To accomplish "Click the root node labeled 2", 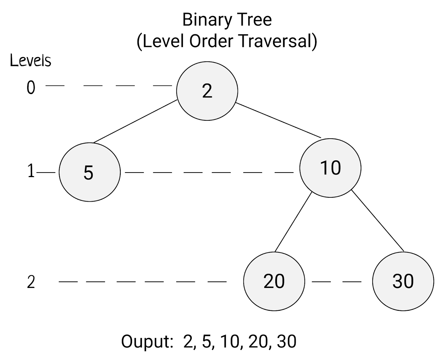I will pyautogui.click(x=207, y=91).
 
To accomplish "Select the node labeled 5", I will pyautogui.click(x=90, y=172).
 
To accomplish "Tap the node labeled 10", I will pyautogui.click(x=330, y=168).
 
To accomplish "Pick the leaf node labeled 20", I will pyautogui.click(x=274, y=281).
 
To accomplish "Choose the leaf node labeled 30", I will pyautogui.click(x=403, y=281).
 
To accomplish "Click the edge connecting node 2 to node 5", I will pyautogui.click(x=135, y=122).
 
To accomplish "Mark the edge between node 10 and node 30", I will pyautogui.click(x=378, y=221).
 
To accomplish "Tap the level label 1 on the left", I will pyautogui.click(x=31, y=171).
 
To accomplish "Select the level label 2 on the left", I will pyautogui.click(x=31, y=282).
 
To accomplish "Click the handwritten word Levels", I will pyautogui.click(x=31, y=61).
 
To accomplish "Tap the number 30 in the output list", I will pyautogui.click(x=287, y=341).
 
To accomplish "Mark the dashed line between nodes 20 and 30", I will pyautogui.click(x=337, y=282).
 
